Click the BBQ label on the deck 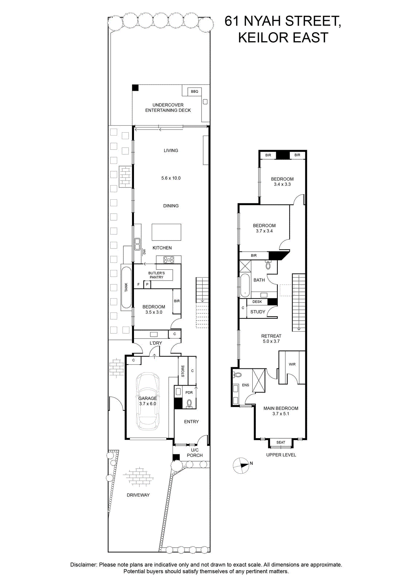tap(194, 91)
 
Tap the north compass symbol tap(241, 466)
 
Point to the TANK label tap(126, 287)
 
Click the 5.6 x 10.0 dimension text tap(171, 178)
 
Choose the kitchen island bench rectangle tap(167, 232)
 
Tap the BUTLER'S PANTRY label tap(157, 275)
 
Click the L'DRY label tap(156, 343)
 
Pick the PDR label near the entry tap(189, 392)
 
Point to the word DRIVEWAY tap(138, 495)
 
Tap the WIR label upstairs tap(292, 364)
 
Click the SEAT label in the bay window tap(281, 442)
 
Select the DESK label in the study tap(257, 302)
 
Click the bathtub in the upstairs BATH tap(245, 285)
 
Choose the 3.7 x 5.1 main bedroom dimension tap(281, 414)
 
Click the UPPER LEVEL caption tap(281, 455)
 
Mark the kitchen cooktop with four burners tap(169, 259)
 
